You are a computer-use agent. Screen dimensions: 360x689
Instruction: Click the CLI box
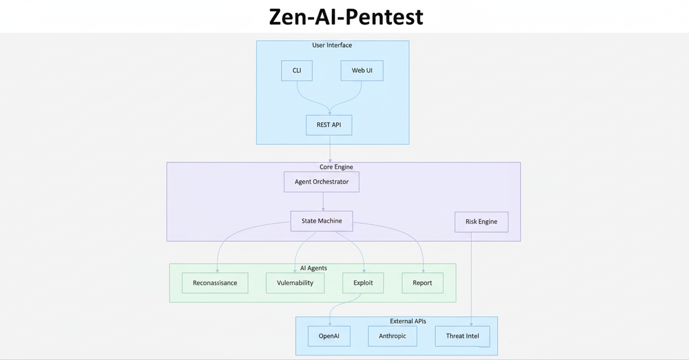click(297, 71)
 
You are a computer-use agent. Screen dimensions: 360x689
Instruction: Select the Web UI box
click(362, 71)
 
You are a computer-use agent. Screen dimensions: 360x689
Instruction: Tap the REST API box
click(329, 125)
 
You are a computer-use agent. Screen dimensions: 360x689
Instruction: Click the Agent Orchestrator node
click(322, 182)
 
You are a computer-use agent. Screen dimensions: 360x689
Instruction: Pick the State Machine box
click(322, 221)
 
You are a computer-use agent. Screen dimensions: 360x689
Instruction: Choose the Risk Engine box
click(481, 222)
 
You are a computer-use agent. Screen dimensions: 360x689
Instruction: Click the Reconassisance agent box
click(215, 283)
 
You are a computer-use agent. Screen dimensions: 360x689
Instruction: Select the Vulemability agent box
click(295, 283)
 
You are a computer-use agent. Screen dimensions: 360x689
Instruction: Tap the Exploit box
click(363, 283)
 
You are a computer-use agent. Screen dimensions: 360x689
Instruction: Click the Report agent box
click(422, 283)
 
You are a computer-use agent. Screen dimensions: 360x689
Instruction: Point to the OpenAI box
click(329, 336)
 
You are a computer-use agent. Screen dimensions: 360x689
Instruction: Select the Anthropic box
click(392, 336)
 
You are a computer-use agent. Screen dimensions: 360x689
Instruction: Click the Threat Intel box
click(462, 336)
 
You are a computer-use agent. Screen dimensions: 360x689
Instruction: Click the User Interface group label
click(332, 45)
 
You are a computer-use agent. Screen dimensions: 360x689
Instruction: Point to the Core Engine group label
click(336, 167)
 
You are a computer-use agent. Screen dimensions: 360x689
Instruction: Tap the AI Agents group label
click(313, 268)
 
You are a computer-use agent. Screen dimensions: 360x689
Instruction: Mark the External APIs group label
click(408, 322)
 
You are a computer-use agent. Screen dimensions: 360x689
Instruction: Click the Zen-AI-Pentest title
click(346, 17)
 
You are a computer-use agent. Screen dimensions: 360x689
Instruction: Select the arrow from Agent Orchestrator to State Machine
click(323, 202)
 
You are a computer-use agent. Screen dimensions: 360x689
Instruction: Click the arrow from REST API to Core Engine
click(330, 149)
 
